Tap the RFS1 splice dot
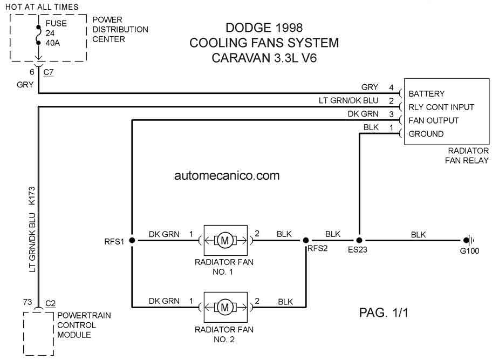[x=132, y=240]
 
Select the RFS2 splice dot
[x=306, y=240]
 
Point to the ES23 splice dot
[x=359, y=240]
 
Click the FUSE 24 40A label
[x=56, y=33]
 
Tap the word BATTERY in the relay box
[x=426, y=94]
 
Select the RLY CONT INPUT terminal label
[x=441, y=107]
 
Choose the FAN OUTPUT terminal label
[x=434, y=120]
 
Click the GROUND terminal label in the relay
[x=426, y=134]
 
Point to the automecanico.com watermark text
[x=227, y=175]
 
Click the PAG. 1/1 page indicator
[x=384, y=313]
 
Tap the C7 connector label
[x=49, y=72]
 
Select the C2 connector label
[x=51, y=303]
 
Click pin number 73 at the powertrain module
[x=28, y=302]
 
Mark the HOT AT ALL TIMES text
[x=42, y=7]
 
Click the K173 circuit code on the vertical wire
[x=32, y=196]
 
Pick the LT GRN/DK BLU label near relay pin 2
[x=348, y=100]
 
